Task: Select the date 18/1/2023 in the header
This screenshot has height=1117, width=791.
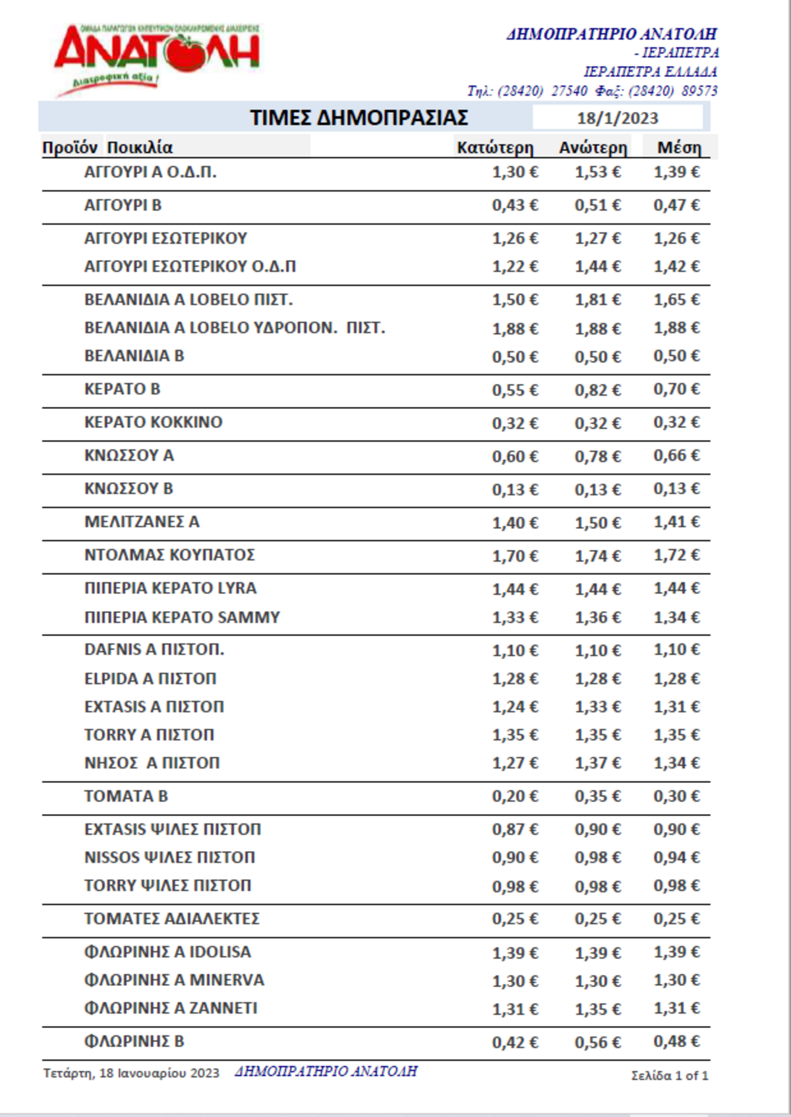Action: coord(617,118)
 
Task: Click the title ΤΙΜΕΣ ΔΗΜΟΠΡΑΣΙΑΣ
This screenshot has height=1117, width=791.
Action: coord(359,118)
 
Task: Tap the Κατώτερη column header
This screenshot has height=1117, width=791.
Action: coord(495,148)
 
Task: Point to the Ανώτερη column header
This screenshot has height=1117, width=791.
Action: coord(593,148)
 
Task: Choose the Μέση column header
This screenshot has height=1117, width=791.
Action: coord(679,148)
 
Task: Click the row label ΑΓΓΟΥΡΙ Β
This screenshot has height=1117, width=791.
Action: coord(123,205)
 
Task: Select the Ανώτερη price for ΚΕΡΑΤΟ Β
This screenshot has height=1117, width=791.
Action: coord(597,390)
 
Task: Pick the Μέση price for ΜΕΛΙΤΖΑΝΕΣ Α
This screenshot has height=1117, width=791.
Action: coord(676,522)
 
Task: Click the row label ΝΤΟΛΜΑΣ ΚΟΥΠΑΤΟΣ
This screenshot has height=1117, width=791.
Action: coord(169,555)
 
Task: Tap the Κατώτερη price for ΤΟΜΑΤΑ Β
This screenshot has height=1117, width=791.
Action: coord(515,796)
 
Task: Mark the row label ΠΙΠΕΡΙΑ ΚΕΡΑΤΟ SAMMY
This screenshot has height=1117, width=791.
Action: coord(182,617)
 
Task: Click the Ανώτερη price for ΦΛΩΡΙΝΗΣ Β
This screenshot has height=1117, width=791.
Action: coord(597,1042)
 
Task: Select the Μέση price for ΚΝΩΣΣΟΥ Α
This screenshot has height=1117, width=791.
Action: coord(676,456)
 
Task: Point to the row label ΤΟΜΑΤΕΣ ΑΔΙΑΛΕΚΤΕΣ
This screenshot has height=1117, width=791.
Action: coord(172,919)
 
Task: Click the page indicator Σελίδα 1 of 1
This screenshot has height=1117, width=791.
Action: coord(669,1076)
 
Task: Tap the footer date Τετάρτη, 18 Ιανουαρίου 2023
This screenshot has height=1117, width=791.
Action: coord(131,1074)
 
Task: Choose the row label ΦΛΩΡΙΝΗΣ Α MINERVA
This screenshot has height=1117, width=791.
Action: coord(174,980)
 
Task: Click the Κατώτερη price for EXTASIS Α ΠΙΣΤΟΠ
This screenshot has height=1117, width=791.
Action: coord(515,707)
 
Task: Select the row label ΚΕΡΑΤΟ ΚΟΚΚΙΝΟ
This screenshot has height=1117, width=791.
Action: coord(154,422)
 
